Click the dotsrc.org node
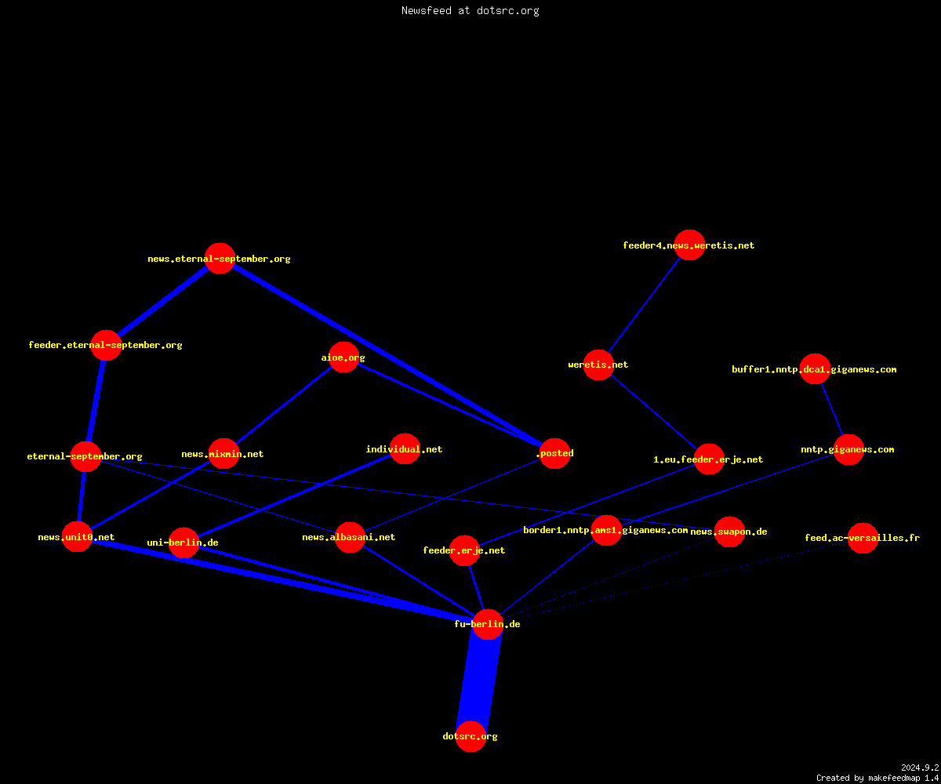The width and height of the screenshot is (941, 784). pyautogui.click(x=470, y=736)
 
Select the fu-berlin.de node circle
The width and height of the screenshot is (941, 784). pyautogui.click(x=488, y=624)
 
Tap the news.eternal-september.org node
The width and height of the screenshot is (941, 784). pyautogui.click(x=220, y=259)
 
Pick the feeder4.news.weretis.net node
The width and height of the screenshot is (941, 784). pyautogui.click(x=689, y=245)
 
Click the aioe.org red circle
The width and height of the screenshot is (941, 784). pyautogui.click(x=343, y=358)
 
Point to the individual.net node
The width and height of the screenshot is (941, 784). pyautogui.click(x=405, y=448)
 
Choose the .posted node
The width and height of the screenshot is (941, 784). pyautogui.click(x=554, y=453)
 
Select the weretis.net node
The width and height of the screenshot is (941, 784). pyautogui.click(x=598, y=365)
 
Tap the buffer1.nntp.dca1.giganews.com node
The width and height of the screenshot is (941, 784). pyautogui.click(x=815, y=369)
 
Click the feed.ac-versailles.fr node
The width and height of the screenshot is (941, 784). pyautogui.click(x=863, y=538)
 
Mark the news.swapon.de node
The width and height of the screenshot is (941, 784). pyautogui.click(x=729, y=532)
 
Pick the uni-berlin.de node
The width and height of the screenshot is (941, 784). pyautogui.click(x=183, y=543)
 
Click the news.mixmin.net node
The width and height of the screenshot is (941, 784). pyautogui.click(x=223, y=454)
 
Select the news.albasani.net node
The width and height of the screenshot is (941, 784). pyautogui.click(x=350, y=537)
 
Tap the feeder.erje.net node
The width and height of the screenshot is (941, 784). pyautogui.click(x=465, y=550)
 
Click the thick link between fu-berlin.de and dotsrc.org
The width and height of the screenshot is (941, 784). pyautogui.click(x=479, y=681)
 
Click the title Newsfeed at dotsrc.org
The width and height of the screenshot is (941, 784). pyautogui.click(x=470, y=10)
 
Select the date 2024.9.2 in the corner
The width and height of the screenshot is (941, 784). pyautogui.click(x=920, y=768)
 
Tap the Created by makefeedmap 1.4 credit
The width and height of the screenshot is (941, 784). pyautogui.click(x=877, y=778)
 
